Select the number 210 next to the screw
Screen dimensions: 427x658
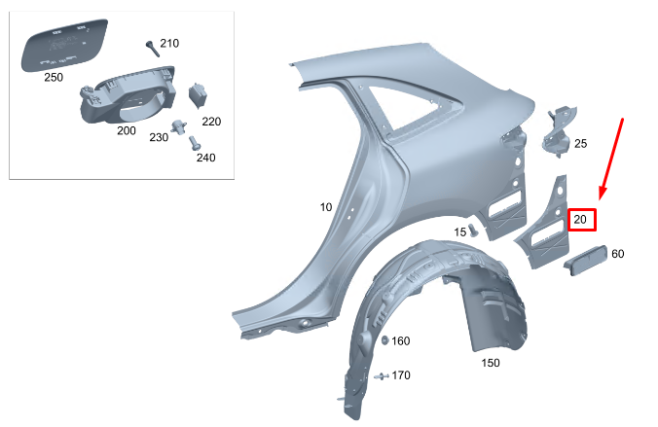point(169,44)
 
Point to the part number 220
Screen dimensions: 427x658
point(211,122)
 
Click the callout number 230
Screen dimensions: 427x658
point(158,137)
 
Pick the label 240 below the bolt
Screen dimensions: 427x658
point(205,157)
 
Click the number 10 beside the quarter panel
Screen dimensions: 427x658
point(326,207)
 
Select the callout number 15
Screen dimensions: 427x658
point(459,231)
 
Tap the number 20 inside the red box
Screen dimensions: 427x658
point(581,220)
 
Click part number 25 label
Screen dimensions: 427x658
point(580,144)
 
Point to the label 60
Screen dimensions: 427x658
point(617,254)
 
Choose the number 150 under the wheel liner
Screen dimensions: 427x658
point(492,362)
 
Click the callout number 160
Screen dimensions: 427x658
point(401,340)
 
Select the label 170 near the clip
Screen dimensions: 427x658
point(401,374)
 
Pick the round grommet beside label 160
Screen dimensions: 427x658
point(383,339)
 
